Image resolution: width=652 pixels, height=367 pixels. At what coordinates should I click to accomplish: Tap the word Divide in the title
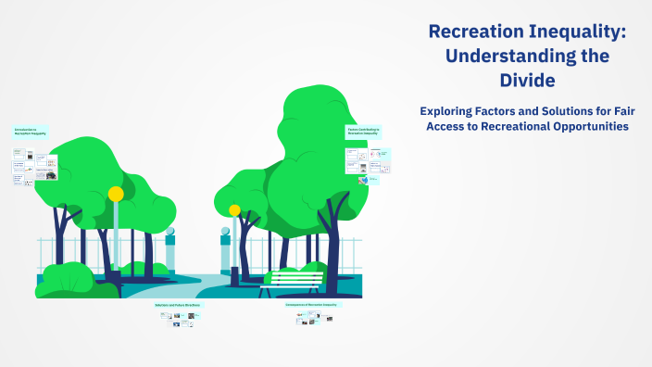point(527,81)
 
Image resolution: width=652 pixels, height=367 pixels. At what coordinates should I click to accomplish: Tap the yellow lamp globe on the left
point(116,194)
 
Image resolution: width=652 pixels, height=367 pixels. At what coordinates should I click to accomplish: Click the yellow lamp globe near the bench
point(234,210)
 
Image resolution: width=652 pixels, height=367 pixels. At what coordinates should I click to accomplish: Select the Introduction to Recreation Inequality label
point(31,133)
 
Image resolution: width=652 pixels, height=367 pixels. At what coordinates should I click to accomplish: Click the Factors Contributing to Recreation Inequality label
point(363,132)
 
